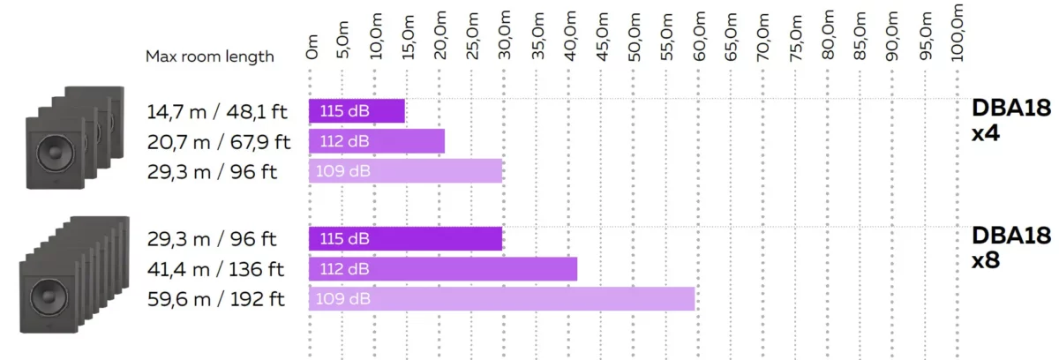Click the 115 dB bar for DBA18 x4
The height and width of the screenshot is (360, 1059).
(x=357, y=111)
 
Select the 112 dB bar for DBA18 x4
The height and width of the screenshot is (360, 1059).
(x=376, y=141)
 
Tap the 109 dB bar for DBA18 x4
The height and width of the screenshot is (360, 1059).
(x=405, y=170)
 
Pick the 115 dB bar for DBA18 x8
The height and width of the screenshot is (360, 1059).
(x=405, y=239)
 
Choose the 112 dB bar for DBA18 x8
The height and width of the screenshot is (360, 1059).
(x=442, y=269)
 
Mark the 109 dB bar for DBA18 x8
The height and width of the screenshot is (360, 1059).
(x=501, y=299)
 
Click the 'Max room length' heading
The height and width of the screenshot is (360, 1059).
(x=210, y=56)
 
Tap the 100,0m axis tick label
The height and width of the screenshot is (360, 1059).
(x=959, y=31)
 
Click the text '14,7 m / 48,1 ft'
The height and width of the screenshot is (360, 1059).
(x=217, y=111)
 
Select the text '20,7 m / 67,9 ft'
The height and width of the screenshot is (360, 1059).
(x=218, y=141)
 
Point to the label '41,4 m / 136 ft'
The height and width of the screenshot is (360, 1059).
(x=216, y=269)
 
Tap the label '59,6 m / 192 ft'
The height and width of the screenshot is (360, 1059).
(x=216, y=299)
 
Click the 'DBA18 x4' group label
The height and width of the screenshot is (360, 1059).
(x=1011, y=121)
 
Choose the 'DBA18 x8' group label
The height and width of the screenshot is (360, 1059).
(x=1011, y=248)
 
